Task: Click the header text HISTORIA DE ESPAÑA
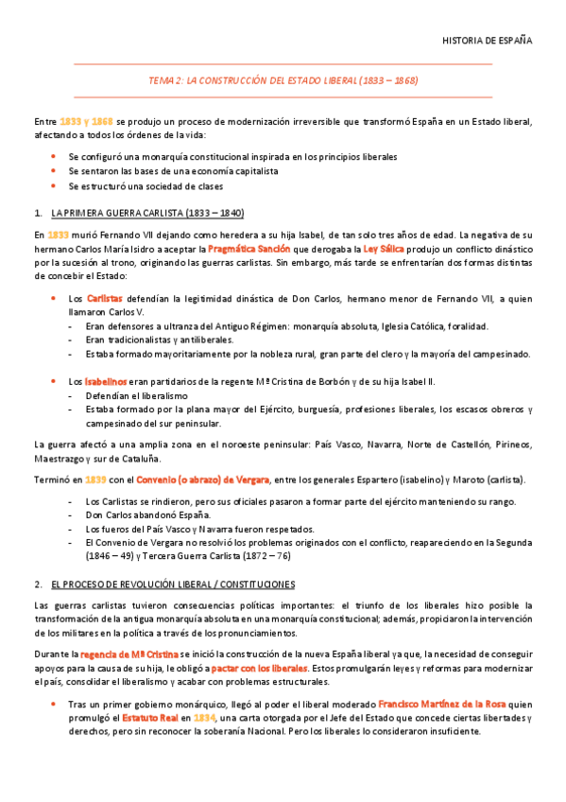[x=488, y=41]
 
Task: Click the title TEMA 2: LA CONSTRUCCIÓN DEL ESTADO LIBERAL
[x=283, y=80]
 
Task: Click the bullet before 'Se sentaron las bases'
[x=54, y=171]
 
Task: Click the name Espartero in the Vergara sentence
[x=407, y=480]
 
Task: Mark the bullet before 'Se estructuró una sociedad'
[x=54, y=186]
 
